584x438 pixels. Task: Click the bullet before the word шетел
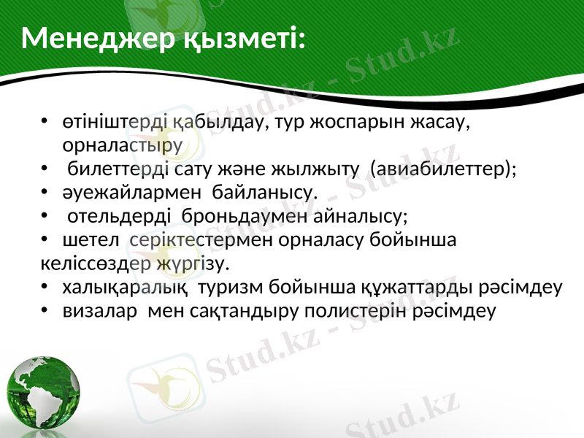(46, 239)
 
